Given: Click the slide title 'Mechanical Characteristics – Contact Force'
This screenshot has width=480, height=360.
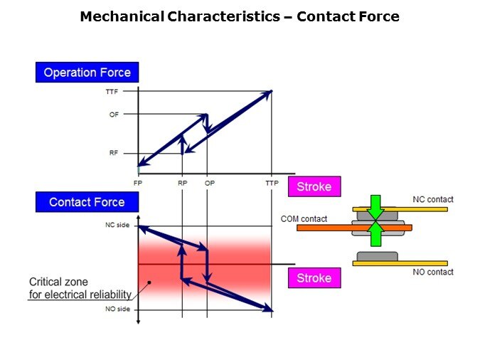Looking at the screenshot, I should coord(240,16).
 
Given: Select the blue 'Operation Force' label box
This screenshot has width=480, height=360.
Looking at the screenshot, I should coord(87,72).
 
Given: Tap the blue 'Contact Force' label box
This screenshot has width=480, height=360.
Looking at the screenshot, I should coord(87,202).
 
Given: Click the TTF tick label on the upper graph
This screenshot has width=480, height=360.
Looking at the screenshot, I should coord(112,91).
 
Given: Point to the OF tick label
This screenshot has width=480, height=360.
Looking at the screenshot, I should coord(114,115).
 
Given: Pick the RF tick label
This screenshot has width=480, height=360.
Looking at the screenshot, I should coord(114,152).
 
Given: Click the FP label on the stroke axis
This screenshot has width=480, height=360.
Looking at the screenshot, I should coord(138,183).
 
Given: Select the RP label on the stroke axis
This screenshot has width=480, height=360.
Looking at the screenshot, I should coord(183,183).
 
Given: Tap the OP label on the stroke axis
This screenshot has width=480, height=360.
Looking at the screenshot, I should coord(209,183).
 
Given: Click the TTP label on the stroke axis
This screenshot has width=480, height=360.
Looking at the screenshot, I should coord(272,183).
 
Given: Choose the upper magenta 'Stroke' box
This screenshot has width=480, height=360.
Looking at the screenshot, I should coord(314,187).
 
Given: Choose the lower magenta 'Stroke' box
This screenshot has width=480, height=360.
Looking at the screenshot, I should coord(314,277).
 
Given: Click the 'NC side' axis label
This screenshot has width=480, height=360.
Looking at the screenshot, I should coord(118,226).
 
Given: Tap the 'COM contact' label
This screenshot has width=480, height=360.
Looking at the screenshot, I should coord(304,218).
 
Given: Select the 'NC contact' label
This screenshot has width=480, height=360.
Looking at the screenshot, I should coord(432,199).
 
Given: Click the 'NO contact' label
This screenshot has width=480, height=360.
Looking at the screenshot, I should coord(432,272).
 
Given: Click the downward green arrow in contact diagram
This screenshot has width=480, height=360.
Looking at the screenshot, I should coord(376,206).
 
